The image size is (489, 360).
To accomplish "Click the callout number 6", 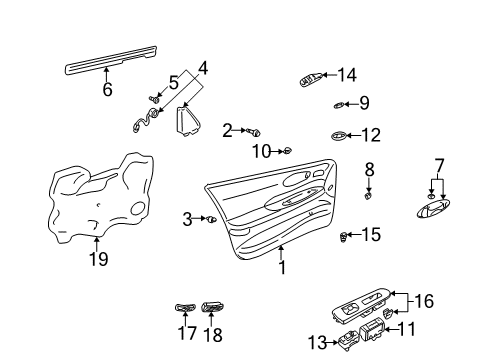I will [x=107, y=89].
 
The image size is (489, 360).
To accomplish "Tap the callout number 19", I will [x=95, y=259].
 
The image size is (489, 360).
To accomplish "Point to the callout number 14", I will [x=346, y=74].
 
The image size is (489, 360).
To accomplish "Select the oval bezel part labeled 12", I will [x=341, y=135].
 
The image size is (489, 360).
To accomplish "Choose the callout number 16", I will [x=453, y=299].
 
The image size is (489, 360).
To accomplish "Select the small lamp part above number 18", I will [x=212, y=308].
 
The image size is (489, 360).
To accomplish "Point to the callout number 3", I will [x=187, y=218].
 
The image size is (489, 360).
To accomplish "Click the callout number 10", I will [x=261, y=151].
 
